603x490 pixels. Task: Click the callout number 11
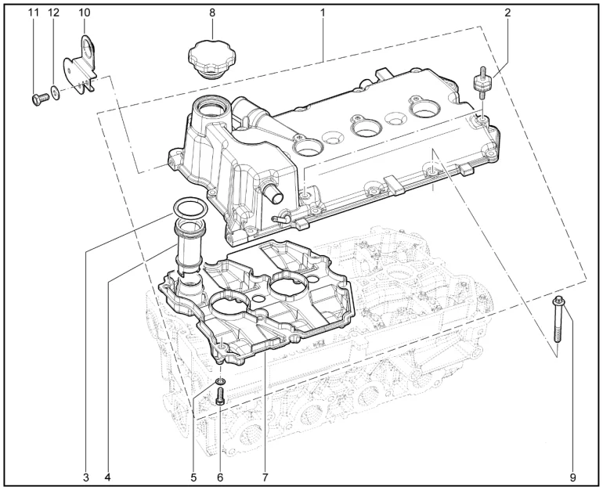tap(34, 13)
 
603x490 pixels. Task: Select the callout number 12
tap(54, 13)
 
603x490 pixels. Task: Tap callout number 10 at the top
tap(85, 13)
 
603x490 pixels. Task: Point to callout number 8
tap(212, 13)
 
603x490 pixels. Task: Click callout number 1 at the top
tap(323, 13)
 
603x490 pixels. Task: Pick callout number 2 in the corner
tap(507, 13)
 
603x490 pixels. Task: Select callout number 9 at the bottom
tap(573, 477)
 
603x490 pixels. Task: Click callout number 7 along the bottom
tap(265, 477)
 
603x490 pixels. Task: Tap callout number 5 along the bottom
tap(193, 477)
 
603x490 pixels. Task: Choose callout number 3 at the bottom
tap(86, 477)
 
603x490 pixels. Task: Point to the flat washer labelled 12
tap(56, 93)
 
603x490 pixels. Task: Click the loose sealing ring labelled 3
tap(190, 208)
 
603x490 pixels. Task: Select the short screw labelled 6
tap(220, 396)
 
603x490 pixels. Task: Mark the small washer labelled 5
tap(220, 381)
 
